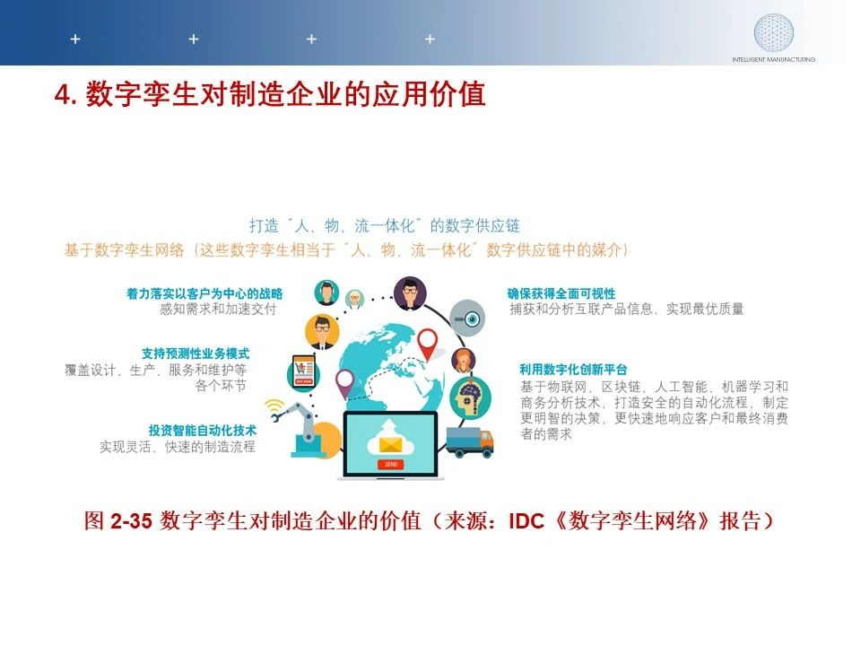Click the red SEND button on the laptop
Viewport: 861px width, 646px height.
[x=390, y=464]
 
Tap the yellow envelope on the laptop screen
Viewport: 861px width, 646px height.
[x=390, y=444]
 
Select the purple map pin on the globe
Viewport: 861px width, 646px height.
[x=344, y=383]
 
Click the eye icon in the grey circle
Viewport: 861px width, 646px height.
[x=467, y=318]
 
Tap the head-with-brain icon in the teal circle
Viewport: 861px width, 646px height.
[x=470, y=398]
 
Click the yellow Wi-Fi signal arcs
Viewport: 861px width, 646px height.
[x=273, y=406]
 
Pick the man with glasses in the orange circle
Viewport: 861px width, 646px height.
[x=322, y=332]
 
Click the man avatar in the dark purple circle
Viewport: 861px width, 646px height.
[x=410, y=293]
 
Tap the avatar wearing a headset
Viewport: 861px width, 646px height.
[x=326, y=292]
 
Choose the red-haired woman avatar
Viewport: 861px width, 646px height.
[x=464, y=361]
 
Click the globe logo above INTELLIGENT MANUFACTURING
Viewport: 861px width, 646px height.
[x=773, y=32]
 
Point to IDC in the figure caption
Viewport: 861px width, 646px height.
[x=526, y=520]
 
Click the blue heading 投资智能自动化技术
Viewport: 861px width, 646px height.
[x=202, y=430]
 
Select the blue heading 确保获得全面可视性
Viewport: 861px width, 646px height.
[x=561, y=293]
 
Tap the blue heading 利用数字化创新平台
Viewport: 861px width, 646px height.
[x=573, y=369]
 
